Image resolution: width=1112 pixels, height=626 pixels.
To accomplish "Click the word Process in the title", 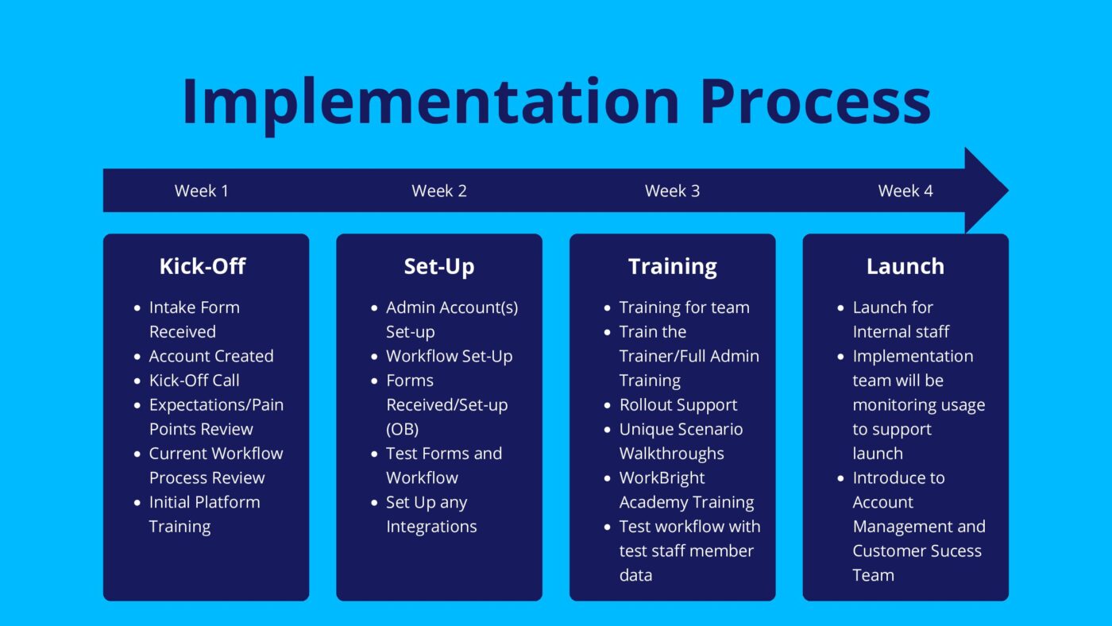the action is coord(816,101).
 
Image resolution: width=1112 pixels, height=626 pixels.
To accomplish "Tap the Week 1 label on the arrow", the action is coord(201,191).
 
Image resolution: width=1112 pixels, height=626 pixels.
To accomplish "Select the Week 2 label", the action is coord(438,191).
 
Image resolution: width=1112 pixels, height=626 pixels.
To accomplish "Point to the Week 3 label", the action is coord(672,191).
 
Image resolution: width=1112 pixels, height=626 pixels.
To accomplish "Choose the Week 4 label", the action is coord(905,191).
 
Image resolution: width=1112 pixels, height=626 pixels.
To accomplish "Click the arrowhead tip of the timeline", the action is coord(1008,190).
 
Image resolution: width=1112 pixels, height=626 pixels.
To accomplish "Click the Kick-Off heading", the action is coord(203,267).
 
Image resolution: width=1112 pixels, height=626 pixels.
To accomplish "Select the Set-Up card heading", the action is coord(438,267).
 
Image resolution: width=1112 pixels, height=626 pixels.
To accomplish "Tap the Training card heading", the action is coord(672,267).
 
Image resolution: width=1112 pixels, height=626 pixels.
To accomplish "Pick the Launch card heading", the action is coord(905,267).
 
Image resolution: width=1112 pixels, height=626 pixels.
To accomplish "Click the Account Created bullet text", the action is coord(211,356).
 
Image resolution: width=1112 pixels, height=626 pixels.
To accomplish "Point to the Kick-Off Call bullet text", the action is coord(194,381).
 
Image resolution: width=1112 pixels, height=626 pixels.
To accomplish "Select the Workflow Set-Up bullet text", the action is coord(450,357).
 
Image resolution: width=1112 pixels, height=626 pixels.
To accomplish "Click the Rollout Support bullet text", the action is coord(678,405).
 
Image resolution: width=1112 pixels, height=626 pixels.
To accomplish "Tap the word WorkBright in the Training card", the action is coord(662,478).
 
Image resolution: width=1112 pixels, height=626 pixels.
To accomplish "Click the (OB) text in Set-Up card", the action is coord(402,430).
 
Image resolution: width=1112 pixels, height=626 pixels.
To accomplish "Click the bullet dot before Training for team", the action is coord(607,307).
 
